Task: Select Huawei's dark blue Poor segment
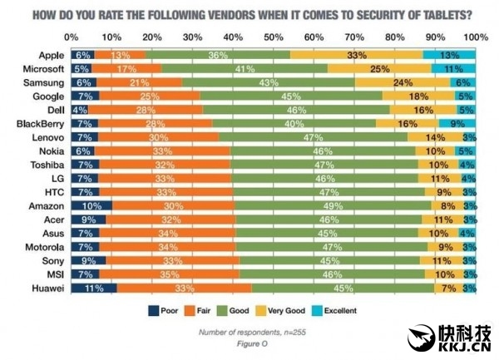(93, 288)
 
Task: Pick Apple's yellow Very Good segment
(357, 54)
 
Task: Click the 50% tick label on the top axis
(274, 37)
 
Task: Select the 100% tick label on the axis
(475, 37)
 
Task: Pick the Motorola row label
(47, 246)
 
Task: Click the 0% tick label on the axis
(72, 37)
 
